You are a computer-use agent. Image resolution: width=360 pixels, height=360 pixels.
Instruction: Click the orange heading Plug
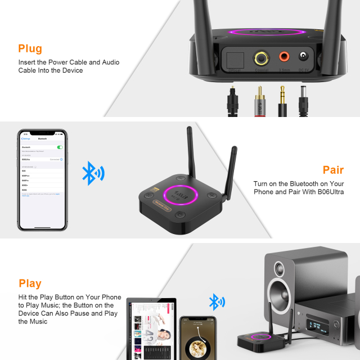tap(30, 49)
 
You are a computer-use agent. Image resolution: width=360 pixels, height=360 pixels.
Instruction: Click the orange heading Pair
tap(333, 170)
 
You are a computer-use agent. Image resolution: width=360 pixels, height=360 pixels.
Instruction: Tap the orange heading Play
tap(30, 283)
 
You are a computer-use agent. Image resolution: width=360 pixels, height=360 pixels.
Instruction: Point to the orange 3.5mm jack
tap(283, 56)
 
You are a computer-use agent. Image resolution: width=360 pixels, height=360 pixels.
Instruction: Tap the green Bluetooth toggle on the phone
tap(60, 147)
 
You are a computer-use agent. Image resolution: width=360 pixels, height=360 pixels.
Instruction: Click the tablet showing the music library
tap(151, 330)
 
